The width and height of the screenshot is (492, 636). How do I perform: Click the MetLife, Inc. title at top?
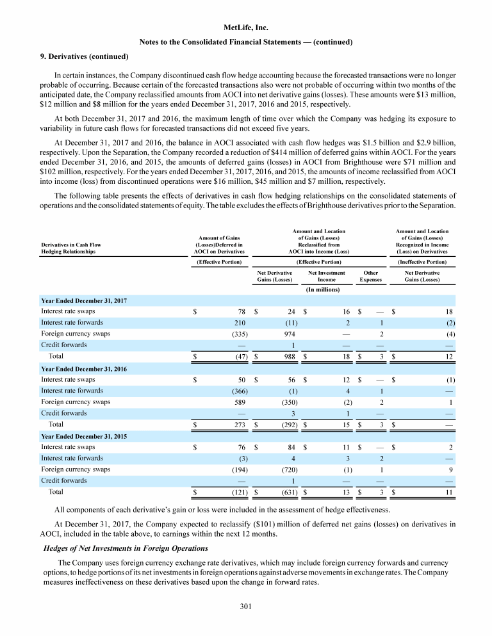click(245, 28)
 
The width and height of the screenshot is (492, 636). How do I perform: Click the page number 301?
click(245, 605)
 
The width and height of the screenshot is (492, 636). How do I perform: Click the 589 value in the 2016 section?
click(240, 402)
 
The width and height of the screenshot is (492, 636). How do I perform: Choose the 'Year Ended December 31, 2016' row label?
click(83, 368)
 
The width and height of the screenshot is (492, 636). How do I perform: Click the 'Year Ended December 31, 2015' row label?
click(83, 437)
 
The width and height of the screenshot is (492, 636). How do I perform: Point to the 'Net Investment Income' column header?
click(326, 276)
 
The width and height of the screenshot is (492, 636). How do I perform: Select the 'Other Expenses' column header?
click(370, 276)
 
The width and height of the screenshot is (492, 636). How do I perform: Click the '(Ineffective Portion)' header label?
click(422, 261)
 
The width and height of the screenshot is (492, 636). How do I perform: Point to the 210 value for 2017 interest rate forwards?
click(240, 322)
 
